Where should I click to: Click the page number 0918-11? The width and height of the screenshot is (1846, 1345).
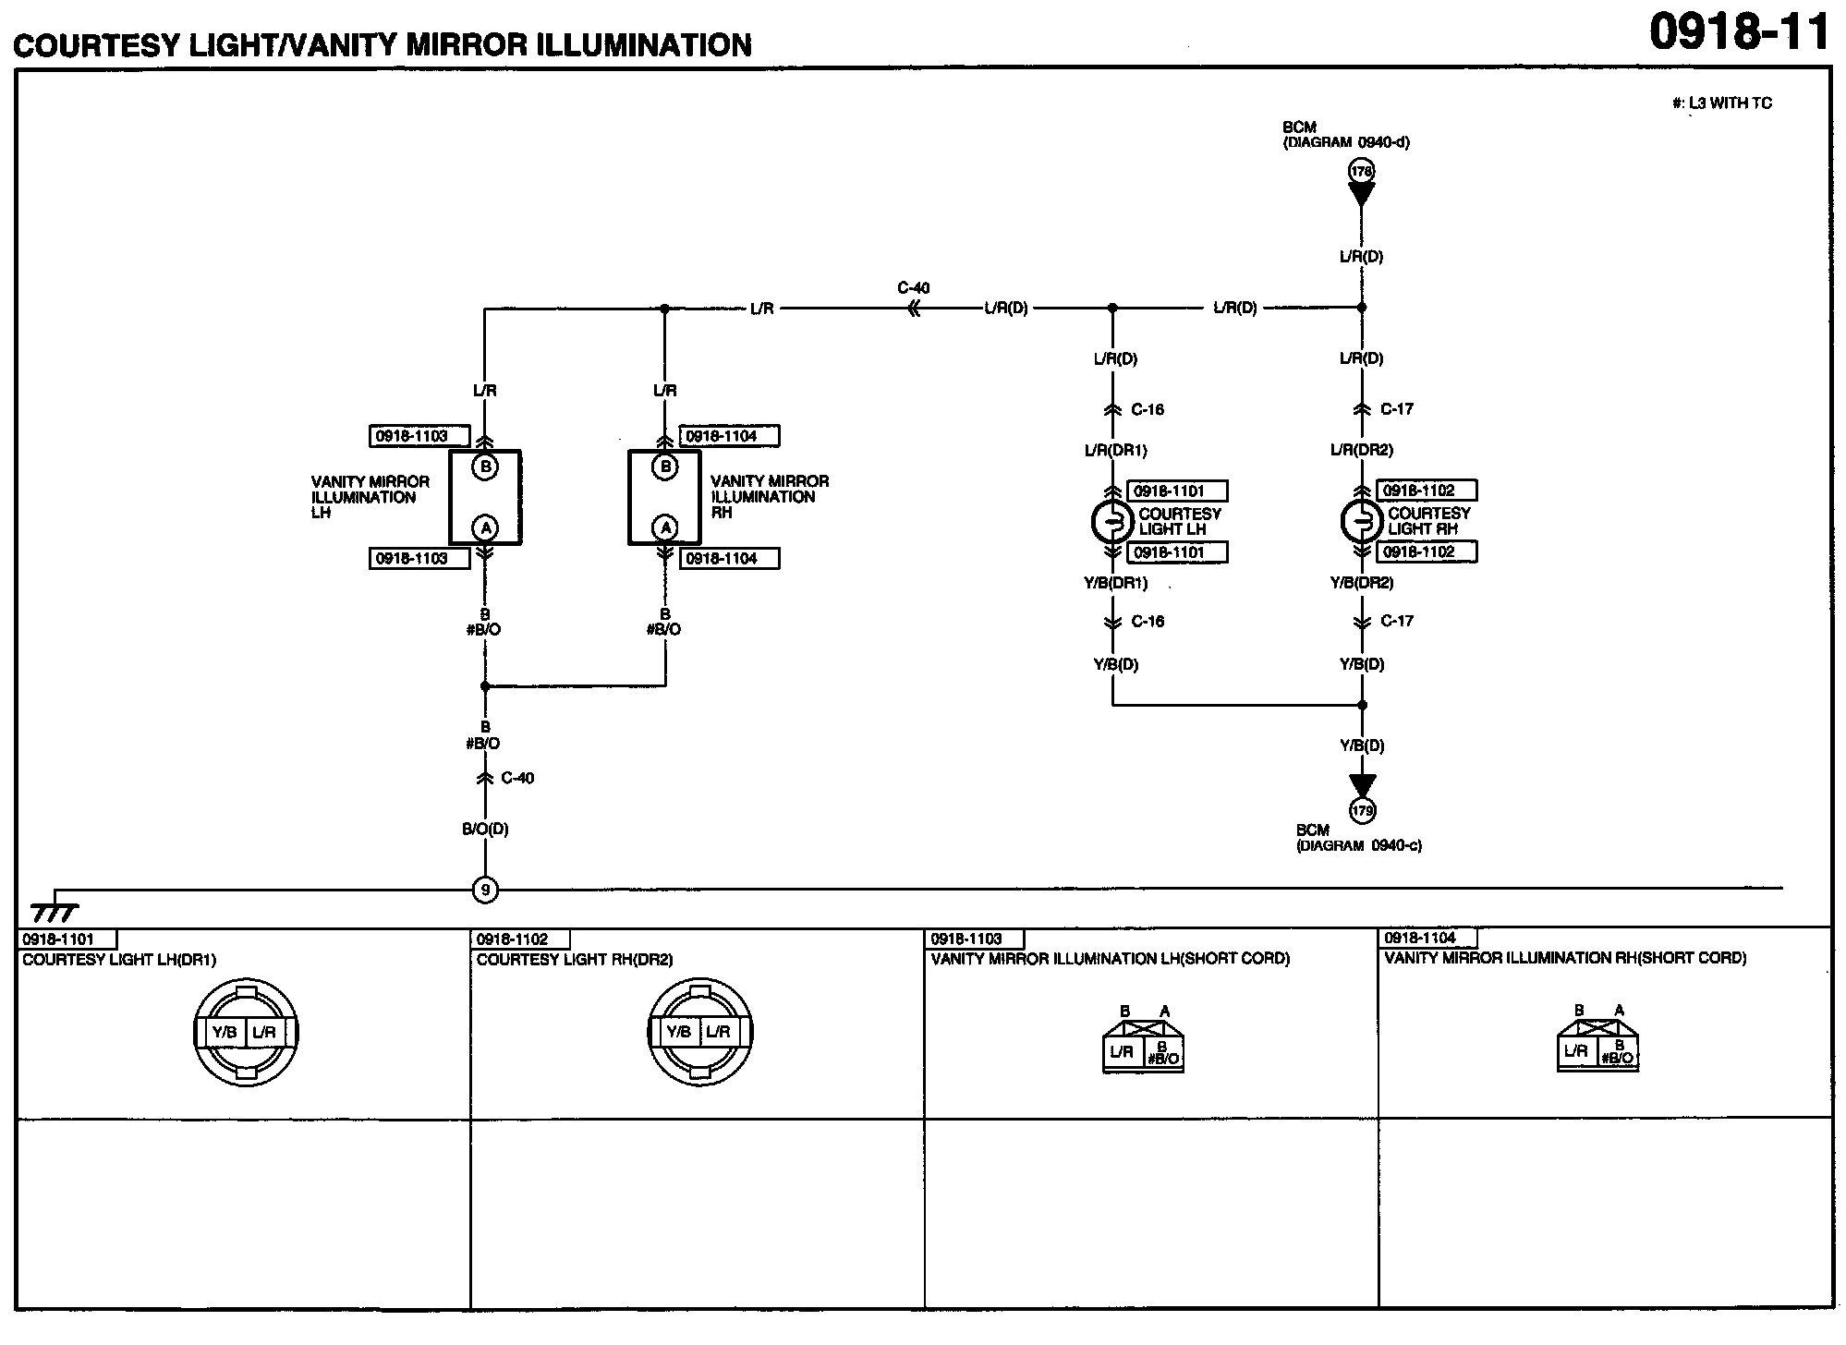1739,33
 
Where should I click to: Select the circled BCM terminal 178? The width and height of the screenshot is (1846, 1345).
1361,171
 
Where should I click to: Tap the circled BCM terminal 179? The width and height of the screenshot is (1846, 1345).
1362,811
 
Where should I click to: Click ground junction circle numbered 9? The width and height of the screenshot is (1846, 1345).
485,890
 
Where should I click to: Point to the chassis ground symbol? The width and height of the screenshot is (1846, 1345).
55,910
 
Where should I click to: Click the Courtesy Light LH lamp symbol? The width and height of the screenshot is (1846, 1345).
1111,523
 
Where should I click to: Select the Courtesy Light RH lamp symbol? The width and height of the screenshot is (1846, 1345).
1361,522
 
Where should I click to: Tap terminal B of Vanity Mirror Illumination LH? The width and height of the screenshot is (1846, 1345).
485,467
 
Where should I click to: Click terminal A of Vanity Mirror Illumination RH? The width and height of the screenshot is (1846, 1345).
665,527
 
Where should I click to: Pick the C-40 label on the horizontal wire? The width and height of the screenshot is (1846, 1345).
913,288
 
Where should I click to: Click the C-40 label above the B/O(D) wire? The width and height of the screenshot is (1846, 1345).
517,778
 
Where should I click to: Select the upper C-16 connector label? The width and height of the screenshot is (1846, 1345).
1148,409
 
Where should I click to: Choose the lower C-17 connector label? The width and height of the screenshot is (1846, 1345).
1397,621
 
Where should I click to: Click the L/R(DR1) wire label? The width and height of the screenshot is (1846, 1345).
1115,451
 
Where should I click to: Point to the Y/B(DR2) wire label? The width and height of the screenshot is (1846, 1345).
1362,583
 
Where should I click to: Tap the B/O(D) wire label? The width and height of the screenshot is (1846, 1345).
485,830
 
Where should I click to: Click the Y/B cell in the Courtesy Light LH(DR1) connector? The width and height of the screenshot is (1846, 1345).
225,1032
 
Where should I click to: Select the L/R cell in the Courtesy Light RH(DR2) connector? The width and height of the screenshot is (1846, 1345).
718,1032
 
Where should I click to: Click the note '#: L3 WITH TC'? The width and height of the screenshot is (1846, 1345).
1722,103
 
